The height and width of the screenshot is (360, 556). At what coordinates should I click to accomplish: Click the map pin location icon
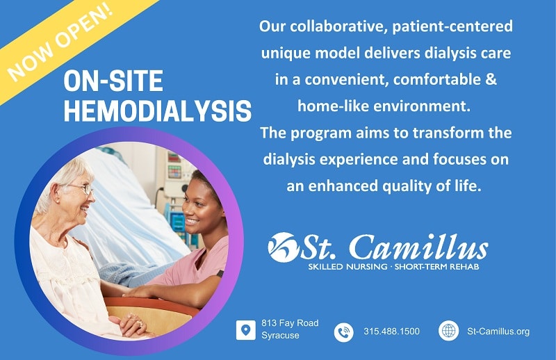245,330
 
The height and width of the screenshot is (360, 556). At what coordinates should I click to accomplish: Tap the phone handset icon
343,332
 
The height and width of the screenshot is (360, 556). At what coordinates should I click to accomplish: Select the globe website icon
448,331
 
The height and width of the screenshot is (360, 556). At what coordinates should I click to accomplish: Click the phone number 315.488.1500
391,332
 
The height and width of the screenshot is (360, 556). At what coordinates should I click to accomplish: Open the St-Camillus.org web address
498,332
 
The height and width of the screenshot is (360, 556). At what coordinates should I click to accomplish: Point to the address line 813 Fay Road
290,323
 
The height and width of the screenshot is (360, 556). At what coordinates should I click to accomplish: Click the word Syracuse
280,335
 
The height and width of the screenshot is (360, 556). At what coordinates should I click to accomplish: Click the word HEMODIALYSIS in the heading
158,111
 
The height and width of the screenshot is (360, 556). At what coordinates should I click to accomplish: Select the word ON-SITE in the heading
113,81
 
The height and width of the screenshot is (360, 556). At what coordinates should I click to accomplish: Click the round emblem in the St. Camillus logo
282,247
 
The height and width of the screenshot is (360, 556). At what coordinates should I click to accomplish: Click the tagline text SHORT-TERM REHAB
437,267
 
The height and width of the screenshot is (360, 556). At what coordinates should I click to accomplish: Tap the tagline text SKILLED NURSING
347,267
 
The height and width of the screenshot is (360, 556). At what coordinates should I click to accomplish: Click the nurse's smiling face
199,208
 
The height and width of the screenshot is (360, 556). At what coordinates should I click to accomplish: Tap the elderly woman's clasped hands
131,323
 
